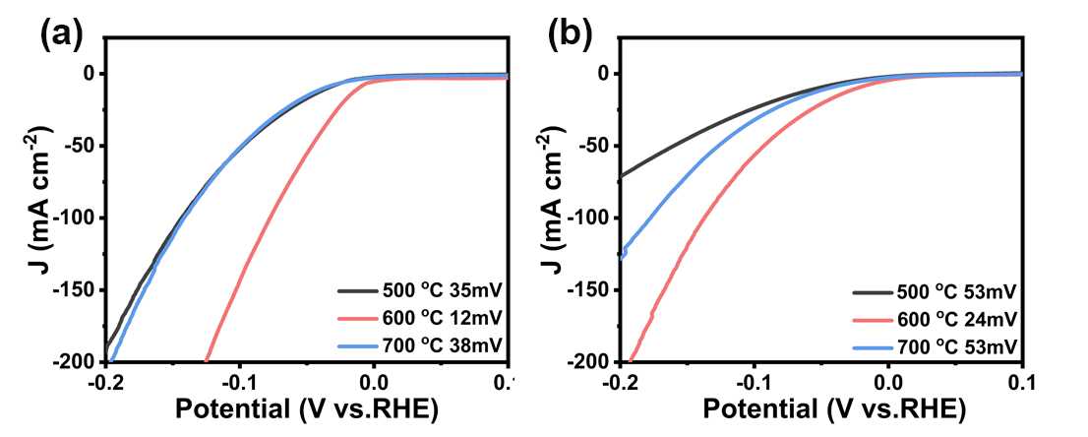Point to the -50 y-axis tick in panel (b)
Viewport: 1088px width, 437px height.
point(591,146)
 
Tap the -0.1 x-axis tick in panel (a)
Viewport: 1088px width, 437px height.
point(239,382)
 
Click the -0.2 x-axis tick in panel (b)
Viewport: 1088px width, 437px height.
point(620,382)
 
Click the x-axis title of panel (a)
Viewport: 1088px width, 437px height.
point(306,409)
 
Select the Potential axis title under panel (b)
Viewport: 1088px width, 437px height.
point(821,409)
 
